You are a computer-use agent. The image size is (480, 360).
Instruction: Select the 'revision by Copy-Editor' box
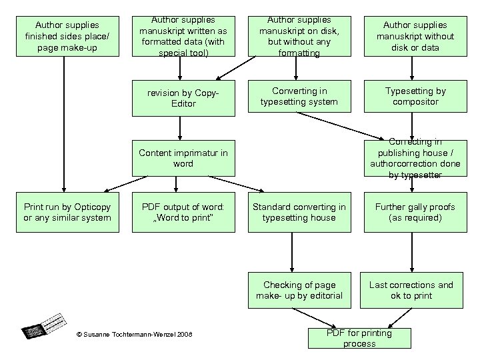tap(183, 97)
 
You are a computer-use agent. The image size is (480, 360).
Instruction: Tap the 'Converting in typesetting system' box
tap(299, 96)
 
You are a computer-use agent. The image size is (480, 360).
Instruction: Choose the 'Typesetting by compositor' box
tap(415, 96)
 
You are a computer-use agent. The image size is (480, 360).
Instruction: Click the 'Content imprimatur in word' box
tap(183, 158)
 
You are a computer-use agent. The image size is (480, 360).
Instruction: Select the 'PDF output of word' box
tap(183, 212)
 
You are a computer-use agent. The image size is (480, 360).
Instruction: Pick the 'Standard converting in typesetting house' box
tap(299, 212)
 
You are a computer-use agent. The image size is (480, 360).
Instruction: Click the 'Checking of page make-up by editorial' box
tap(299, 290)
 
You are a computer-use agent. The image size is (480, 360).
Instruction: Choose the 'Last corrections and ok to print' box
tap(411, 290)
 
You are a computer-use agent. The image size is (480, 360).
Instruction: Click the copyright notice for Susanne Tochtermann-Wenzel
tap(134, 333)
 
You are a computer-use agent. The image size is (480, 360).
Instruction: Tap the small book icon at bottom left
tap(44, 324)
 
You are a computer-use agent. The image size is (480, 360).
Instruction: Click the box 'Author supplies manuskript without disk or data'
tap(415, 35)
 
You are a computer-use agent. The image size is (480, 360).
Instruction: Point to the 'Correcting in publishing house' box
tap(415, 158)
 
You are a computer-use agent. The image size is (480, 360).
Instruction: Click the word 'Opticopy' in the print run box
tap(93, 207)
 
